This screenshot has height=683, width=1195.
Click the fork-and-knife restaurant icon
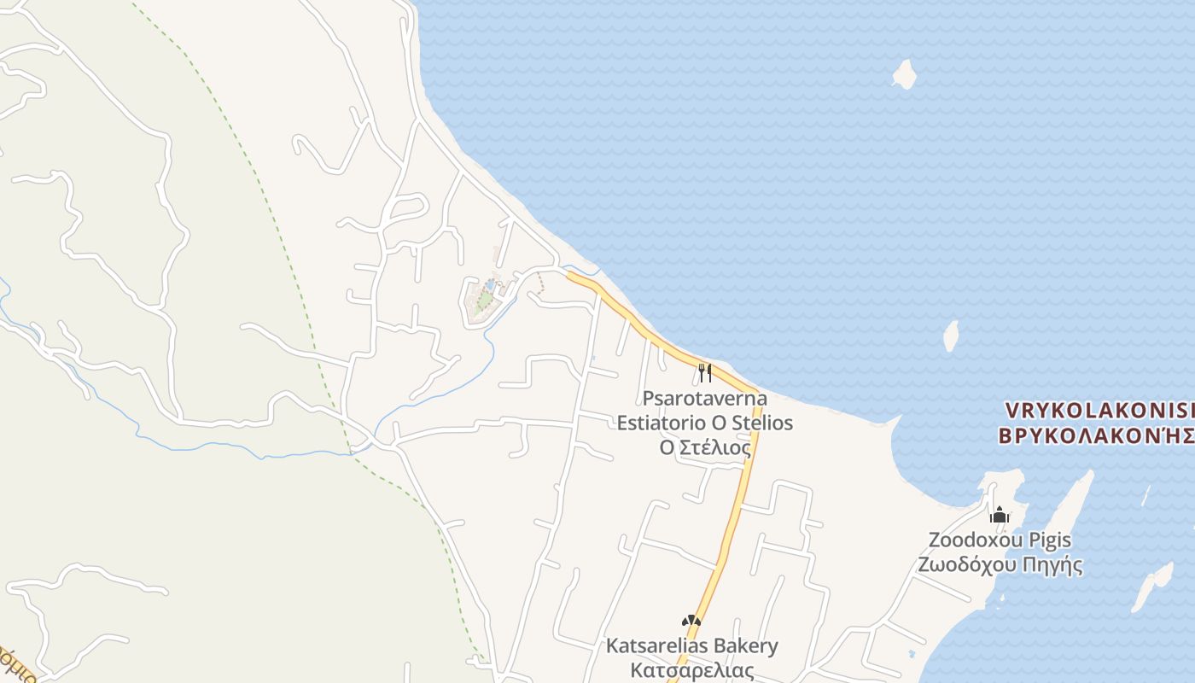pos(705,372)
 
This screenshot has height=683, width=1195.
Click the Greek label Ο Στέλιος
pos(705,447)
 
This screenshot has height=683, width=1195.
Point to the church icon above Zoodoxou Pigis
pos(1000,515)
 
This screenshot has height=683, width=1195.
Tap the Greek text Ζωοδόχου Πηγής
pos(1000,564)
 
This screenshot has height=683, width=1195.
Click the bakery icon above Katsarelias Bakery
pos(691,622)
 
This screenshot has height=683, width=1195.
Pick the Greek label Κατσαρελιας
pos(691,670)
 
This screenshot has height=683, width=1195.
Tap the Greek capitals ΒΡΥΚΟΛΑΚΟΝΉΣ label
pos(1096,435)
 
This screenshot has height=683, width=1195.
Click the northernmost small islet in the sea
pos(905,73)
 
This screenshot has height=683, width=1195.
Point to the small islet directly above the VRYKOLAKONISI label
pos(952,336)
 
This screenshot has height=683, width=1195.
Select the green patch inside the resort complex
pos(484,300)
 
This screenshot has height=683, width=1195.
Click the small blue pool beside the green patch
pos(491,283)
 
